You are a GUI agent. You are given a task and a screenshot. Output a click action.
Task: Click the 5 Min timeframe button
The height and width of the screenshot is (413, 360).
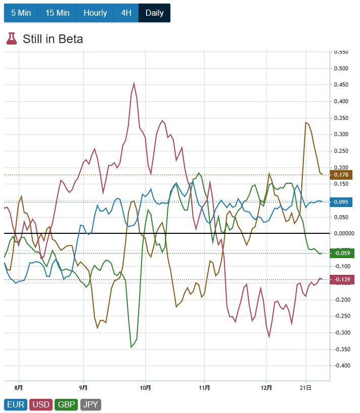click(21, 13)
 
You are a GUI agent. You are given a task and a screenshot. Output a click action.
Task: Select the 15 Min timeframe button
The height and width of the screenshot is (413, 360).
click(57, 13)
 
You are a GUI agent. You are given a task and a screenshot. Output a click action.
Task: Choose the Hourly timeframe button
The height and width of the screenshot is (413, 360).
click(95, 13)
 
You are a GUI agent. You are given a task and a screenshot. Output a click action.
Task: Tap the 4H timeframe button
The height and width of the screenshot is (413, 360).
click(126, 13)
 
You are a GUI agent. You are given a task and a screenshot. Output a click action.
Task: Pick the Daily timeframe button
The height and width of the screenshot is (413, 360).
click(154, 13)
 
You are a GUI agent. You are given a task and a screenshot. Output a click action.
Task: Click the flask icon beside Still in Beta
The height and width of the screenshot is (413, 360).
click(11, 38)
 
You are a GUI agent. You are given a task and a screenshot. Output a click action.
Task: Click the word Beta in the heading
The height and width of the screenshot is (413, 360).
click(70, 39)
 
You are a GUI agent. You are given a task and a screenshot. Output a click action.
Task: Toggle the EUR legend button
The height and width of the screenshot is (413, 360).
click(15, 404)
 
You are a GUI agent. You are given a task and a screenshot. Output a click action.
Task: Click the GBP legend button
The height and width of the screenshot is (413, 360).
click(66, 404)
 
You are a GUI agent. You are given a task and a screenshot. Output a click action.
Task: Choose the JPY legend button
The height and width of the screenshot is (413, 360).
click(91, 404)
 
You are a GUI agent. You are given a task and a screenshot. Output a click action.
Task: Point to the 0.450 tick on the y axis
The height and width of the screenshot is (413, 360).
click(342, 85)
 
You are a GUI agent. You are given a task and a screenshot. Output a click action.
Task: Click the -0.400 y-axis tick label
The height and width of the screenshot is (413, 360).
click(342, 365)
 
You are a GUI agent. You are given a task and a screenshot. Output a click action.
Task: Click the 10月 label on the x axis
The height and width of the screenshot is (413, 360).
click(145, 388)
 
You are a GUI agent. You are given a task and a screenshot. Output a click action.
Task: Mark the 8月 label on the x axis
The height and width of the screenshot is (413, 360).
click(19, 388)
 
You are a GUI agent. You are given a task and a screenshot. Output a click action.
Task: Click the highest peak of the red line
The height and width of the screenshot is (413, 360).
click(134, 83)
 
